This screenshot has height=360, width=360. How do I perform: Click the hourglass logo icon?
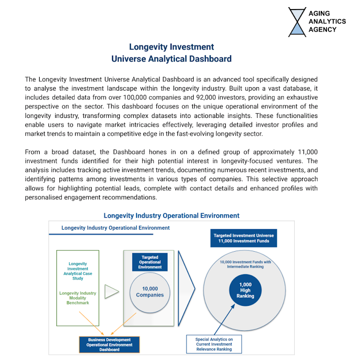[x=297, y=22]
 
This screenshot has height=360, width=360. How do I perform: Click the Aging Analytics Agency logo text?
[x=327, y=22]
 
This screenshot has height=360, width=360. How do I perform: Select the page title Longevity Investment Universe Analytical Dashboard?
[x=171, y=53]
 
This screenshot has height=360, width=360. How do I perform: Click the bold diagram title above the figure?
[x=171, y=216]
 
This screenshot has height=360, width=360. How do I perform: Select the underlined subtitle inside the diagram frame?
[x=115, y=228]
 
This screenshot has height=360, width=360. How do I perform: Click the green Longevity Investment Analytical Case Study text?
[x=78, y=271]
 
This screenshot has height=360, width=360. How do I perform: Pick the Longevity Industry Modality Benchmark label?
[x=78, y=298]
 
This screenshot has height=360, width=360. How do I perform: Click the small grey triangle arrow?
[x=111, y=291]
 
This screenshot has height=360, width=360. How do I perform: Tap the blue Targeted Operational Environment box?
[x=150, y=263]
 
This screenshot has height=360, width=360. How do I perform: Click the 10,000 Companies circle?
[x=150, y=291]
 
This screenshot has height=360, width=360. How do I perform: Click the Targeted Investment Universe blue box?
[x=244, y=238]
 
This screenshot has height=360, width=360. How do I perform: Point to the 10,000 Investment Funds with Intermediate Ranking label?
[x=245, y=264]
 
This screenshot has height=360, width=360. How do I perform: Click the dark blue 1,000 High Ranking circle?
[x=245, y=290]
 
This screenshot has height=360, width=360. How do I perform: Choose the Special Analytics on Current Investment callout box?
[x=214, y=344]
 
